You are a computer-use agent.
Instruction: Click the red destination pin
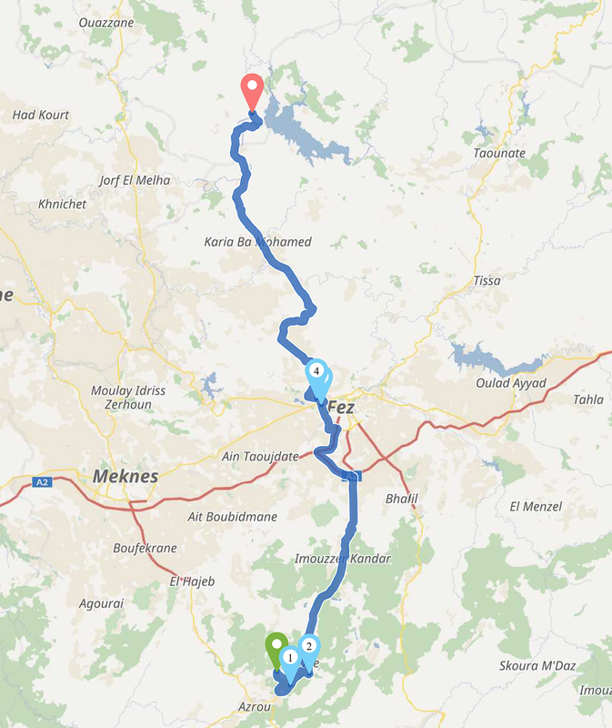(x=252, y=92)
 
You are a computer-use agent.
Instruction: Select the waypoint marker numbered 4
(x=316, y=372)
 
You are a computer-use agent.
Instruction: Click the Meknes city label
(x=125, y=476)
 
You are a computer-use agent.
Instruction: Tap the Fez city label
(x=340, y=407)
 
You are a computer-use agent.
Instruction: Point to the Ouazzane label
(x=106, y=22)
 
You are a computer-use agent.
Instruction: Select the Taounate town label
(x=499, y=153)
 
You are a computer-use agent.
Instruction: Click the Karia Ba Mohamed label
(x=258, y=242)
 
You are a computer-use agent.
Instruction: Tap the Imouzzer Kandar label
(x=343, y=558)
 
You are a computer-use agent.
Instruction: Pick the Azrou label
(x=254, y=706)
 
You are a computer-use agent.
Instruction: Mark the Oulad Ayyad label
(x=511, y=383)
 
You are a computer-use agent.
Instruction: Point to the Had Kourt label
(x=41, y=116)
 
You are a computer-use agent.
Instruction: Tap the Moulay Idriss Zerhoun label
(x=128, y=396)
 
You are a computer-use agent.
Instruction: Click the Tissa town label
(x=487, y=280)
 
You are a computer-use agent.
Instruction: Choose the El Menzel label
(x=536, y=506)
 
